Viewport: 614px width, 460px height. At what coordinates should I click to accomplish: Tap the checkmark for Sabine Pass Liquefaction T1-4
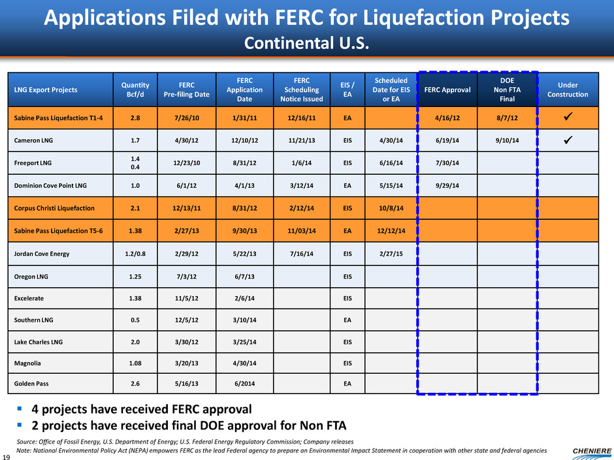click(x=567, y=118)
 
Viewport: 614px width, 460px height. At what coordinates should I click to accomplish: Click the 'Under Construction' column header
click(x=567, y=89)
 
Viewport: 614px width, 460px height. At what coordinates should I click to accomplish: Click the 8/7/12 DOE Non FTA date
click(x=508, y=118)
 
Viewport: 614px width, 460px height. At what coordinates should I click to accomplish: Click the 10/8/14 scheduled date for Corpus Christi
click(x=391, y=209)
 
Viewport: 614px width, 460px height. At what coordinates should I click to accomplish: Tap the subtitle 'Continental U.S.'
click(x=307, y=43)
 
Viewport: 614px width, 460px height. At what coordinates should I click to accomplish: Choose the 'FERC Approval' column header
click(x=448, y=89)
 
